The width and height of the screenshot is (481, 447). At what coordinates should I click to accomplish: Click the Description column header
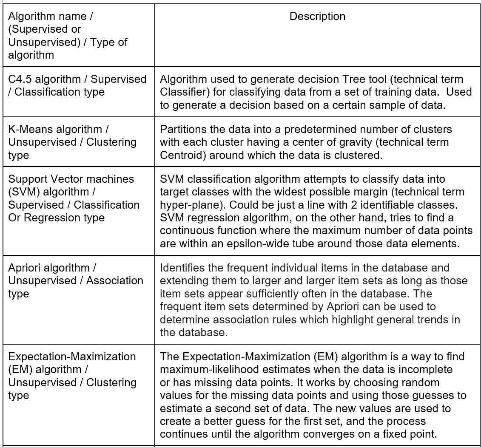[x=317, y=17]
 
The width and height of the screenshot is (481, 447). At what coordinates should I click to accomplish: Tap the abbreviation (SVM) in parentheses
[x=22, y=192]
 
